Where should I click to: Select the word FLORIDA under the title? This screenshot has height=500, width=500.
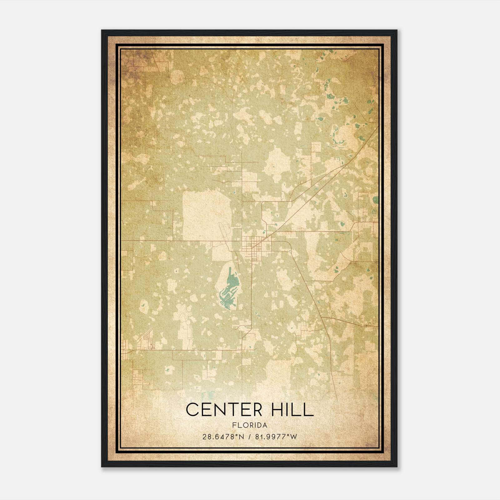[x=250, y=425]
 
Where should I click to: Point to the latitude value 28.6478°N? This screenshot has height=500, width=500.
[x=222, y=437]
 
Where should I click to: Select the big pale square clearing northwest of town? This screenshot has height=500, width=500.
[x=206, y=216]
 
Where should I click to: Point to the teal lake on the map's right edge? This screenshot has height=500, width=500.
[x=375, y=200]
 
